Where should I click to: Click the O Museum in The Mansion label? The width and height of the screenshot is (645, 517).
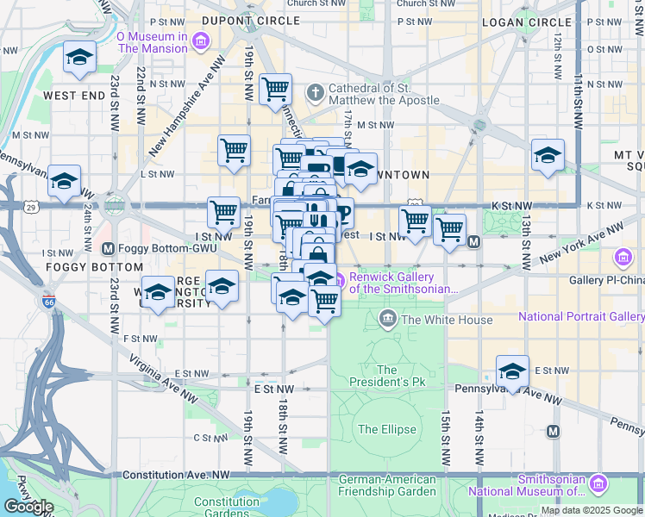click(x=151, y=42)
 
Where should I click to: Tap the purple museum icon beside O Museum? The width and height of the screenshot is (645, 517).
click(x=201, y=41)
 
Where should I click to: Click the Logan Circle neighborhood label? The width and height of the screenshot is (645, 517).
click(x=517, y=21)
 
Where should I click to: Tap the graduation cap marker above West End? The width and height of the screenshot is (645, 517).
click(x=79, y=59)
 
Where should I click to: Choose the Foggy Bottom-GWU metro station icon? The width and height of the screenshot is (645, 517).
click(x=109, y=249)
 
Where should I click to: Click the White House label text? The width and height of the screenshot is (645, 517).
click(x=447, y=321)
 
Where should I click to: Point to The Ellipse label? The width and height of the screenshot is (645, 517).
click(x=386, y=429)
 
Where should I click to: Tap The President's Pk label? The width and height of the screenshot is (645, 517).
click(x=389, y=375)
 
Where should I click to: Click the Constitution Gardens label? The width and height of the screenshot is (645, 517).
click(x=226, y=508)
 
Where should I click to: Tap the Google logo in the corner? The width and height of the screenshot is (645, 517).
click(x=28, y=507)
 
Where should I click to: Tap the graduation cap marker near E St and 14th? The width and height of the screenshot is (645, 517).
click(x=512, y=371)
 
